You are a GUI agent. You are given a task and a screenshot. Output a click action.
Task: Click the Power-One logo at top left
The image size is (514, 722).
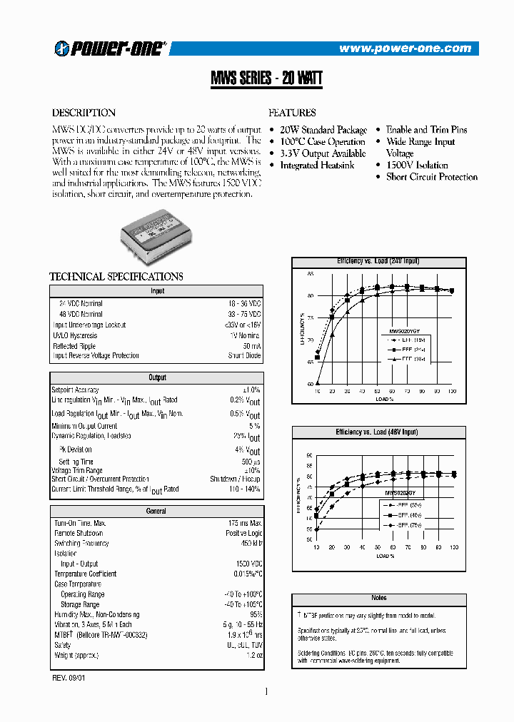pyautogui.click(x=110, y=48)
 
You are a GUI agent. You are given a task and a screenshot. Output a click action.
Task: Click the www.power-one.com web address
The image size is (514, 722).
pyautogui.click(x=405, y=49)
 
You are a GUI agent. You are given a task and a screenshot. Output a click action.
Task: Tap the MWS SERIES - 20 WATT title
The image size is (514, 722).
pyautogui.click(x=266, y=78)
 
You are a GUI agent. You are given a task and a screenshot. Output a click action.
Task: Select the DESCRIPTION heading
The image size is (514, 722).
pyautogui.click(x=84, y=113)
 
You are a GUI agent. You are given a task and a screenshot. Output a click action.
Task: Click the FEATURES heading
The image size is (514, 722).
pyautogui.click(x=292, y=113)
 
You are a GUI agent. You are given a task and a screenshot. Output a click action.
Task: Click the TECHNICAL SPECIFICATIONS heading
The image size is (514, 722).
pyautogui.click(x=116, y=277)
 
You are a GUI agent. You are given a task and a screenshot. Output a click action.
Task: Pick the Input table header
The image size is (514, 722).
pyautogui.click(x=157, y=291)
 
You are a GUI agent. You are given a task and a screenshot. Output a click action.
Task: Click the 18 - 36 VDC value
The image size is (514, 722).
pyautogui.click(x=244, y=304)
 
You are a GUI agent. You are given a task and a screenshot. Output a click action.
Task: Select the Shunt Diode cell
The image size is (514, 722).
pyautogui.click(x=244, y=356)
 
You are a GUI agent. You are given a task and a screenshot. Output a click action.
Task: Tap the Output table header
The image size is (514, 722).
pyautogui.click(x=157, y=377)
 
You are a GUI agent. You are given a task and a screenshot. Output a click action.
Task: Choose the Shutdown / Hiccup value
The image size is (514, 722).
pyautogui.click(x=235, y=479)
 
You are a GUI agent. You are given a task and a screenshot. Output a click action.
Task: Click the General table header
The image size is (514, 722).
pyautogui.click(x=156, y=511)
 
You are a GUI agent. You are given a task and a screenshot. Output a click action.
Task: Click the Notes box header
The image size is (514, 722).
pyautogui.click(x=379, y=598)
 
